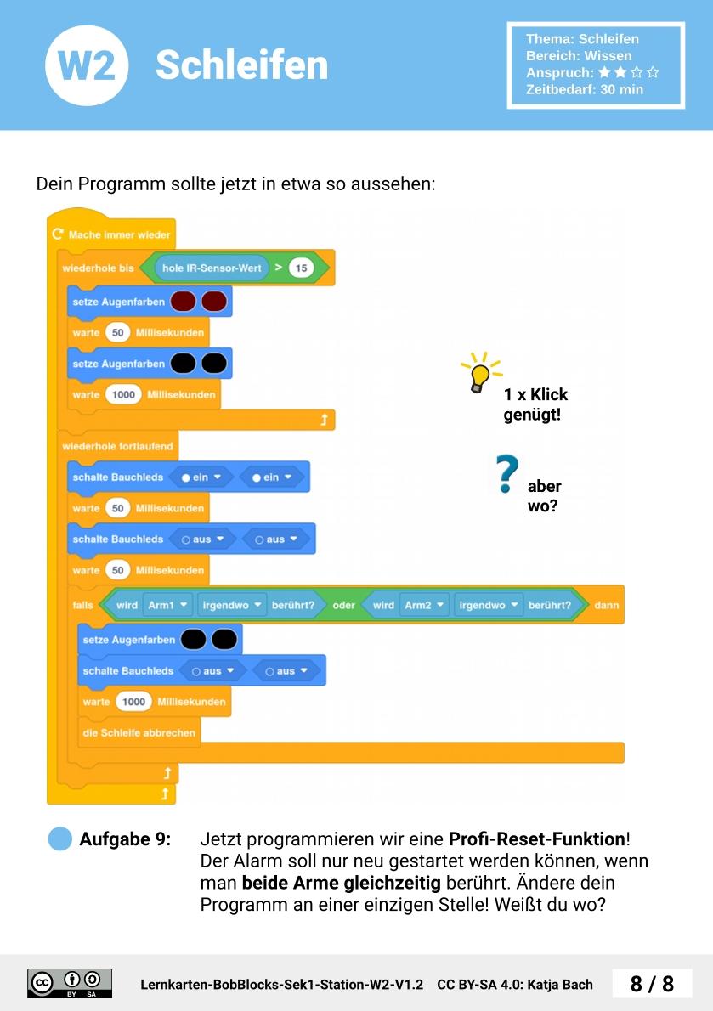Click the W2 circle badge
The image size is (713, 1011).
(x=87, y=65)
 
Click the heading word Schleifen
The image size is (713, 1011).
(x=241, y=65)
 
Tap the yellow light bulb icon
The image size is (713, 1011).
(x=480, y=373)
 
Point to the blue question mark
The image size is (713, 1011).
(x=507, y=474)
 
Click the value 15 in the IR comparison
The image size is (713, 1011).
(x=300, y=268)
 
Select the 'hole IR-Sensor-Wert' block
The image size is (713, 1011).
(x=212, y=268)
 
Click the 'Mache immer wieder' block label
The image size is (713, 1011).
(x=119, y=234)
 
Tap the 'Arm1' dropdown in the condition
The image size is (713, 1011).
(x=167, y=605)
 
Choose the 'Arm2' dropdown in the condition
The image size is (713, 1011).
(x=424, y=605)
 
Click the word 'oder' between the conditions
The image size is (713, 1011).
(x=343, y=605)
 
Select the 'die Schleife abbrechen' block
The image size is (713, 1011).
(x=139, y=732)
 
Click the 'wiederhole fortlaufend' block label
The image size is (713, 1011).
(x=117, y=446)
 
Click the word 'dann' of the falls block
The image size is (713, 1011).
(x=606, y=605)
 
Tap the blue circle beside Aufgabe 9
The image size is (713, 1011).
(x=60, y=839)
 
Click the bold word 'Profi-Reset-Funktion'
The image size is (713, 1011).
(x=537, y=839)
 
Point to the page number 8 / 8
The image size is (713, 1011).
(x=652, y=984)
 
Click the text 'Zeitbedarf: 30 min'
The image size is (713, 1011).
(x=585, y=89)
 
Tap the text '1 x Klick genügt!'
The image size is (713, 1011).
(x=535, y=405)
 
